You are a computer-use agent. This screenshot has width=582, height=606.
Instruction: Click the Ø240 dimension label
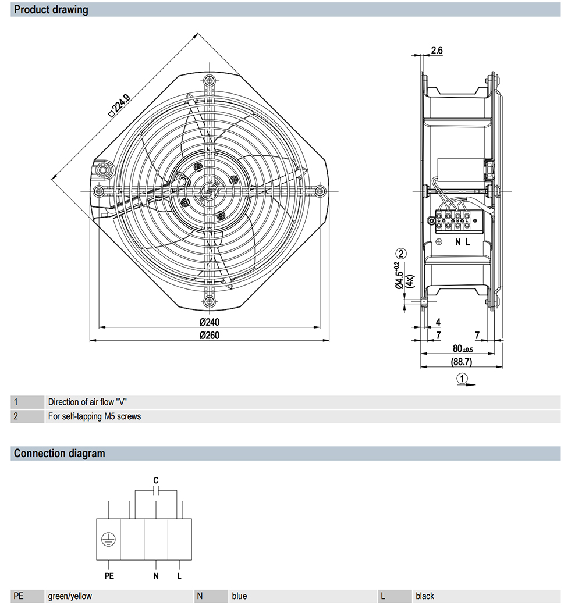pyautogui.click(x=209, y=322)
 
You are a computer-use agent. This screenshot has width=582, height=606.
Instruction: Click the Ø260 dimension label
pyautogui.click(x=209, y=335)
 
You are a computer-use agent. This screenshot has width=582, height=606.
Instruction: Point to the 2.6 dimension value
pyautogui.click(x=436, y=50)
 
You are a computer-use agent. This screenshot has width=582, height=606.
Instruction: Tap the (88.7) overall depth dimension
pyautogui.click(x=462, y=362)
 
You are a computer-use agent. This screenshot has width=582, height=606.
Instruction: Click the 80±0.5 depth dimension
pyautogui.click(x=463, y=348)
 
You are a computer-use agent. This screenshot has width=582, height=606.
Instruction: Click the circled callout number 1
pyautogui.click(x=462, y=379)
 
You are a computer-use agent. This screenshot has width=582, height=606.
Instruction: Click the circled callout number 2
pyautogui.click(x=401, y=254)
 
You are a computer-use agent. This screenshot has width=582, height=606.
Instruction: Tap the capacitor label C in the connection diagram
pyautogui.click(x=156, y=480)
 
